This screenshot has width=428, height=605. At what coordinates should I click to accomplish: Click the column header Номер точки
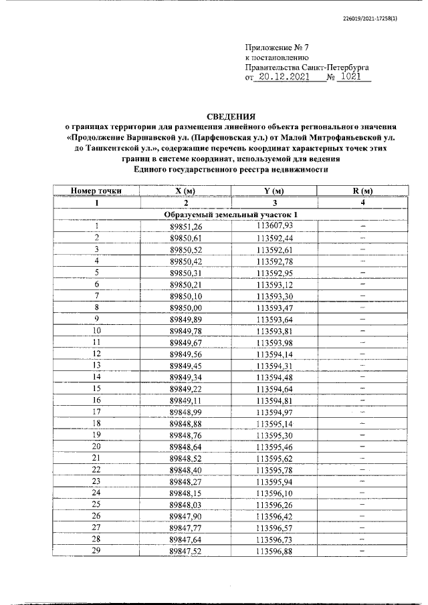[x=96, y=191]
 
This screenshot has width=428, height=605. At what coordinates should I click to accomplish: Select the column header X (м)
[x=185, y=191]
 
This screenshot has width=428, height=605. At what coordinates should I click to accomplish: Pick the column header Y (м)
[x=275, y=191]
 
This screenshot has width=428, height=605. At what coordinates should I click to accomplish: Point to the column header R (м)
[x=362, y=191]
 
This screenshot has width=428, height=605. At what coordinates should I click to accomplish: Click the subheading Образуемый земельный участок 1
[x=230, y=214]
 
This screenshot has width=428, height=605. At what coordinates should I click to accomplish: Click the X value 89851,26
[x=185, y=226]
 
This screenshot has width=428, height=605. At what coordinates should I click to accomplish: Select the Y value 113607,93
[x=275, y=226]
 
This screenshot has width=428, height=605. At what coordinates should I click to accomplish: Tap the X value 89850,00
[x=185, y=307]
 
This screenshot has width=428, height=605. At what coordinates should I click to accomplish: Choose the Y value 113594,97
[x=275, y=411]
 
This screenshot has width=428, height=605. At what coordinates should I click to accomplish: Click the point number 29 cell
[x=96, y=551]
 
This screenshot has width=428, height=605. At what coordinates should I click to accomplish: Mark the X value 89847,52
[x=185, y=551]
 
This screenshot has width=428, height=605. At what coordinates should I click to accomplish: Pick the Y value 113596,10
[x=275, y=493]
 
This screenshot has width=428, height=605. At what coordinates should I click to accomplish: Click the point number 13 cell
[x=96, y=365]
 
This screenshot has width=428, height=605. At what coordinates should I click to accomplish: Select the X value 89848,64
[x=185, y=446]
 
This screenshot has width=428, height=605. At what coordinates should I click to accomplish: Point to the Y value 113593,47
[x=275, y=307]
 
